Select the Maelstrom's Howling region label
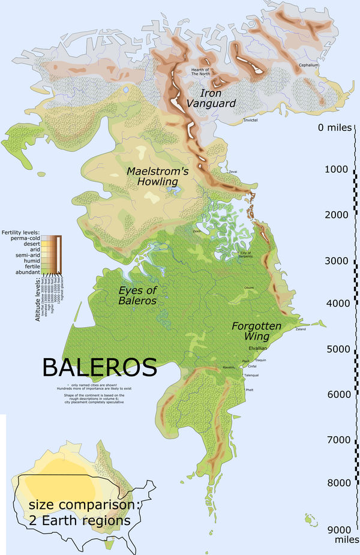click(x=158, y=176)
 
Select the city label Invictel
click(x=250, y=121)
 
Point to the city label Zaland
click(x=301, y=329)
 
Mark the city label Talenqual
click(x=251, y=375)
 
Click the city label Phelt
click(x=249, y=389)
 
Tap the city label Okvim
click(x=248, y=288)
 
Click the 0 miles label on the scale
click(x=337, y=128)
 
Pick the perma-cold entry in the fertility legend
click(x=22, y=239)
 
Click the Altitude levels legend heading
click(x=38, y=300)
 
